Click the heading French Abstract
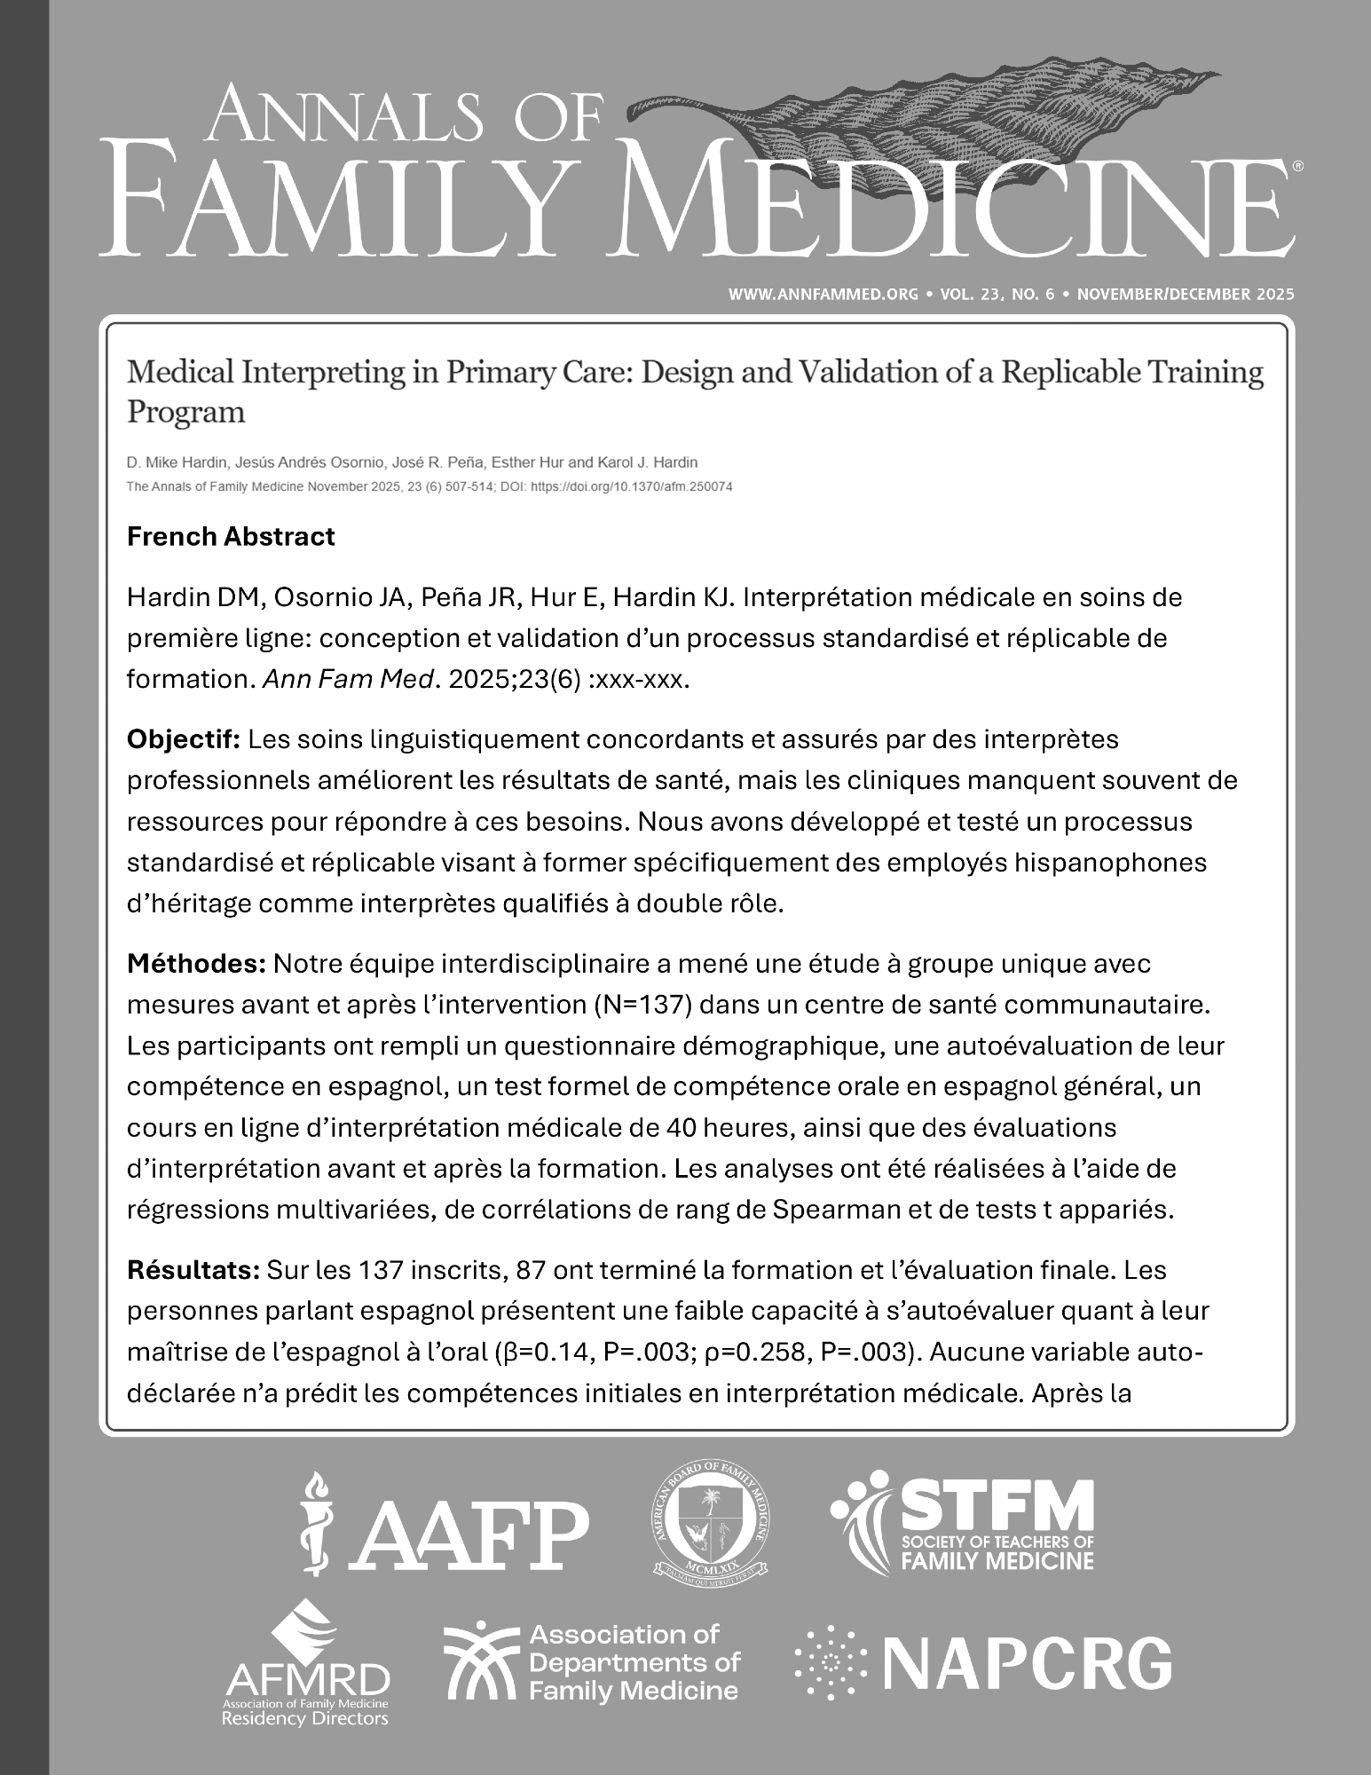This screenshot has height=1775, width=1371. click(231, 537)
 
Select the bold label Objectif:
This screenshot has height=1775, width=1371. click(185, 738)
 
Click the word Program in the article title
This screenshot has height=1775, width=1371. click(185, 413)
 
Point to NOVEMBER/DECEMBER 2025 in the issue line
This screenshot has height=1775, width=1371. click(1185, 294)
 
